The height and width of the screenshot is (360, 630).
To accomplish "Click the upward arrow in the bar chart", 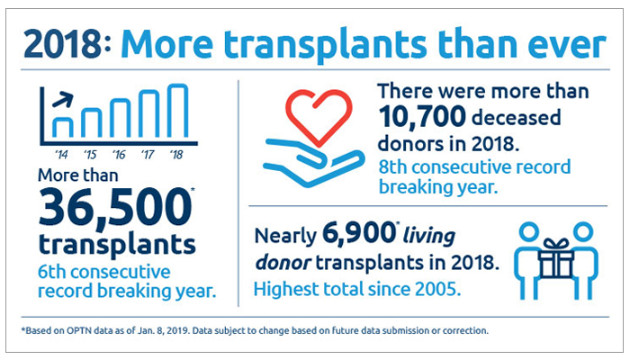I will pyautogui.click(x=63, y=100).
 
